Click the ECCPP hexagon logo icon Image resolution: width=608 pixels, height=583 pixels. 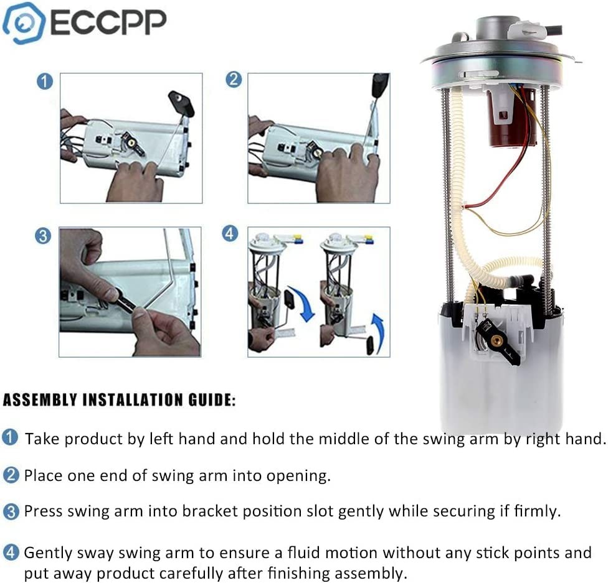(24, 23)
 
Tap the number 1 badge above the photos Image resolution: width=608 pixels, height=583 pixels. (44, 82)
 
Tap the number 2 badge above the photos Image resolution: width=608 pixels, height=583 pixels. (233, 80)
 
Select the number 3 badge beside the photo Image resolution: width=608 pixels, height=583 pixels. (42, 236)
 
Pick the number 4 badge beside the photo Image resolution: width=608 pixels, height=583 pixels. (230, 234)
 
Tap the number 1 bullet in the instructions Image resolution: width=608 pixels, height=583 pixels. (11, 438)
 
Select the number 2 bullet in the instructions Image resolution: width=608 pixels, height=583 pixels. (11, 476)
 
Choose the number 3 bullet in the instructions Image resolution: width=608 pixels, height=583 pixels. (11, 512)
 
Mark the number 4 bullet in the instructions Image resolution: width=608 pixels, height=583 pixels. (11, 553)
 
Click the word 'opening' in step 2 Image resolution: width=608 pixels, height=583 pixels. (298, 476)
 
